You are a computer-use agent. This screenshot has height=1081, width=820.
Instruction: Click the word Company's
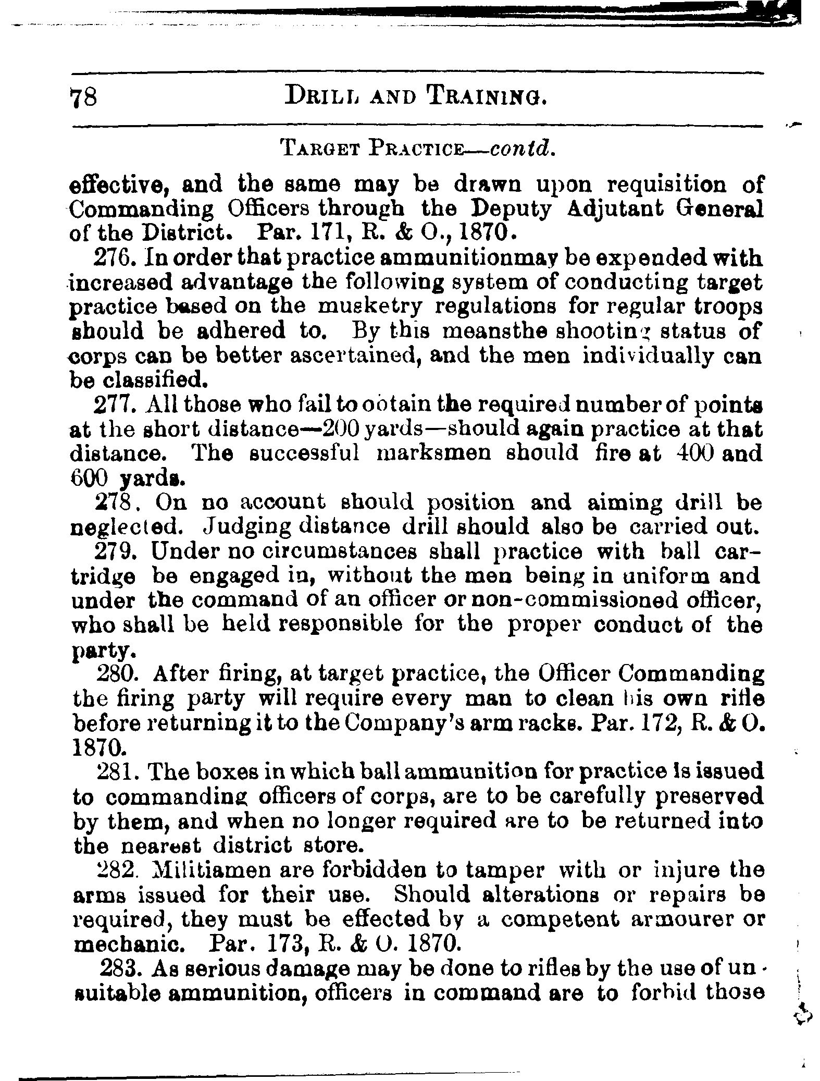pyautogui.click(x=395, y=723)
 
